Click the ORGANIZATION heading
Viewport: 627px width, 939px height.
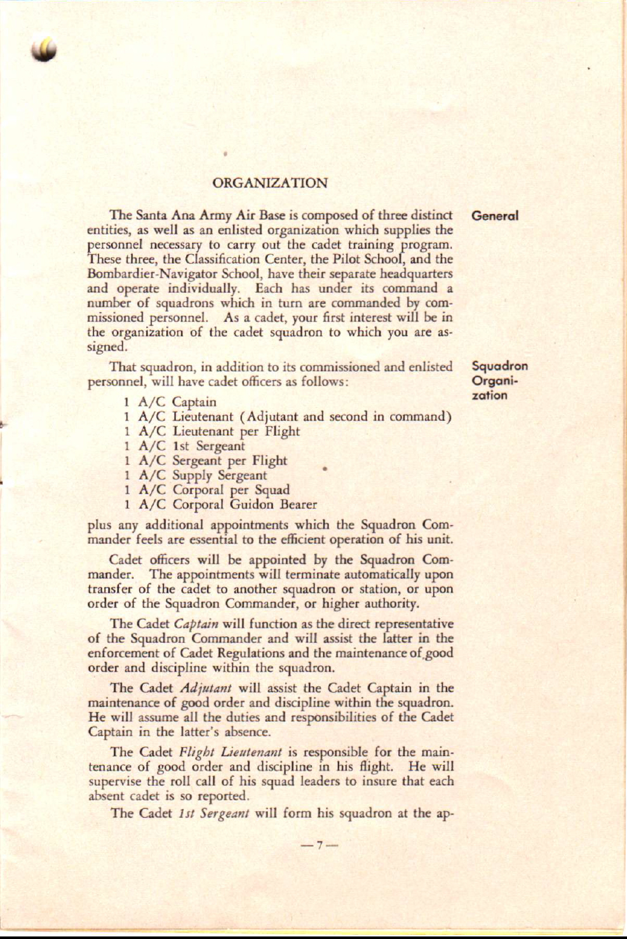(270, 184)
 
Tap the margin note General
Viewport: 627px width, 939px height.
(495, 215)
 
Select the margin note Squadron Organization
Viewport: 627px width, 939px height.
(499, 381)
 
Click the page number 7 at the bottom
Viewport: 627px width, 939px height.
(320, 845)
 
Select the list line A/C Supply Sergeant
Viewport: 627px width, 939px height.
(196, 475)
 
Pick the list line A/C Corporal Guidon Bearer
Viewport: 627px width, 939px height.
(221, 505)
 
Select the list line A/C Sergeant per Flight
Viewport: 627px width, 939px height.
(206, 461)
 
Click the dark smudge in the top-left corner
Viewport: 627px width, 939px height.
(46, 49)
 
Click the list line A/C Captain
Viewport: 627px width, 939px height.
(171, 402)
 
